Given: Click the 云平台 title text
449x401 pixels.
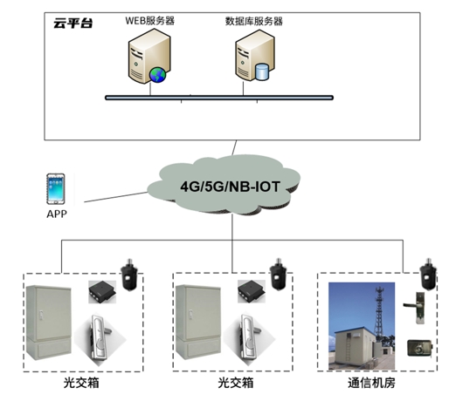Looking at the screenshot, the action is coord(73,24).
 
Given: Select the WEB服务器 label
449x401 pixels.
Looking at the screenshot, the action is coord(149,21).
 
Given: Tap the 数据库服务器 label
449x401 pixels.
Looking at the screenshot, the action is coord(254,21).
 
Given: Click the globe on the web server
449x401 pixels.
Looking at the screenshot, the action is coord(157,75).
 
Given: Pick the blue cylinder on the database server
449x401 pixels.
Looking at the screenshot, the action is coord(261,72).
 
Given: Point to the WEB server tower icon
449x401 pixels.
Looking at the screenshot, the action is coord(149,56).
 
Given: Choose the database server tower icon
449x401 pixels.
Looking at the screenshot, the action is coord(255,55).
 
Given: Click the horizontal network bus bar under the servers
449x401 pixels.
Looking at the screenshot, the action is coord(219,98).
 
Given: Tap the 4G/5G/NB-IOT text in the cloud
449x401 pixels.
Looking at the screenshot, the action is coord(230,187).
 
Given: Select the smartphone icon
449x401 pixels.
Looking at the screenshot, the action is coord(56,189).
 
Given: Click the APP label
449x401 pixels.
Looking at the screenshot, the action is coord(57,214).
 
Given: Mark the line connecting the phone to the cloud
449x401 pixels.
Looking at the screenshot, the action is coord(115,197).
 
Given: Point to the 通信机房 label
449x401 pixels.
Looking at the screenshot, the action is coord(371,383).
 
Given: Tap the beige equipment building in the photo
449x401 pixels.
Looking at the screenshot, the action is coord(355,348).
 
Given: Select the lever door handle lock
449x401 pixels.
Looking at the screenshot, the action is coord(415,308).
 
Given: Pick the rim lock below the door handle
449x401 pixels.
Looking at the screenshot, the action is coord(419,348).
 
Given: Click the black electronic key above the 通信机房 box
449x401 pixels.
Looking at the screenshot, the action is coord(428,274).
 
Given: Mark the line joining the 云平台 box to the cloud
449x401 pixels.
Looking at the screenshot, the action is coord(234,148).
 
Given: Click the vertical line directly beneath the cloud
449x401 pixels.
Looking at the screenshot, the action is coord(232,228).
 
